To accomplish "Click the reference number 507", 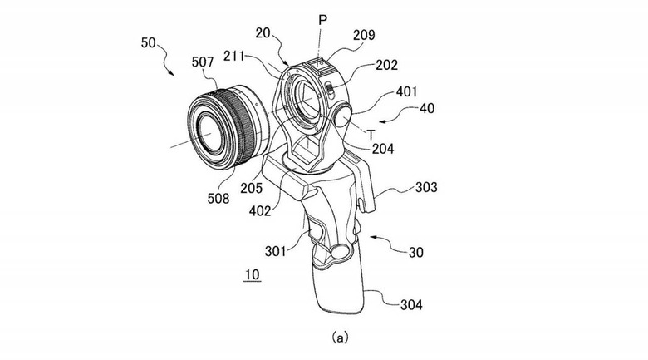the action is [x=203, y=62].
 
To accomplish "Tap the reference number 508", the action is [x=218, y=198].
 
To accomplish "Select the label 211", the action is [x=234, y=57].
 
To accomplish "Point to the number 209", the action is [x=364, y=35].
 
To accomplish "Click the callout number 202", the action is [x=386, y=65].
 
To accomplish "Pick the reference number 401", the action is [x=406, y=91].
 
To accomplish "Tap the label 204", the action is [x=383, y=149].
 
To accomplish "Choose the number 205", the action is [x=251, y=188].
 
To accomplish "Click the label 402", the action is [x=260, y=211].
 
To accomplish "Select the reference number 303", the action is [x=426, y=187].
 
